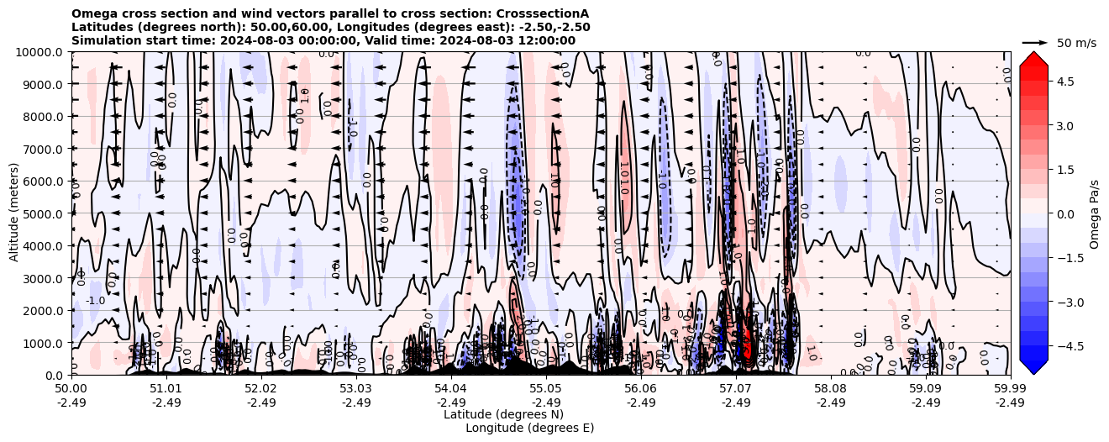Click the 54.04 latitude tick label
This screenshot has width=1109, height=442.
click(x=451, y=389)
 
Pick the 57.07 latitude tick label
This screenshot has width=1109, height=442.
click(x=736, y=389)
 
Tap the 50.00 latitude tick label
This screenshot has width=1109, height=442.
click(x=71, y=389)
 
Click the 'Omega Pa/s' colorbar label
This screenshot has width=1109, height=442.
click(x=1095, y=213)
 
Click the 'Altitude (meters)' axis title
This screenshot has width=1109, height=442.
click(x=14, y=213)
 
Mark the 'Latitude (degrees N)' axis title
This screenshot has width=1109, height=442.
click(x=503, y=414)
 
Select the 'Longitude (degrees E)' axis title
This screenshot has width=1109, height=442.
click(x=529, y=428)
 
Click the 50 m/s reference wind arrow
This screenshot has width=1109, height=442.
click(x=1035, y=42)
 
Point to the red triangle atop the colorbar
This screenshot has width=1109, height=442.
click(x=1033, y=58)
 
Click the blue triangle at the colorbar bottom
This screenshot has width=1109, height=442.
click(x=1033, y=367)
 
